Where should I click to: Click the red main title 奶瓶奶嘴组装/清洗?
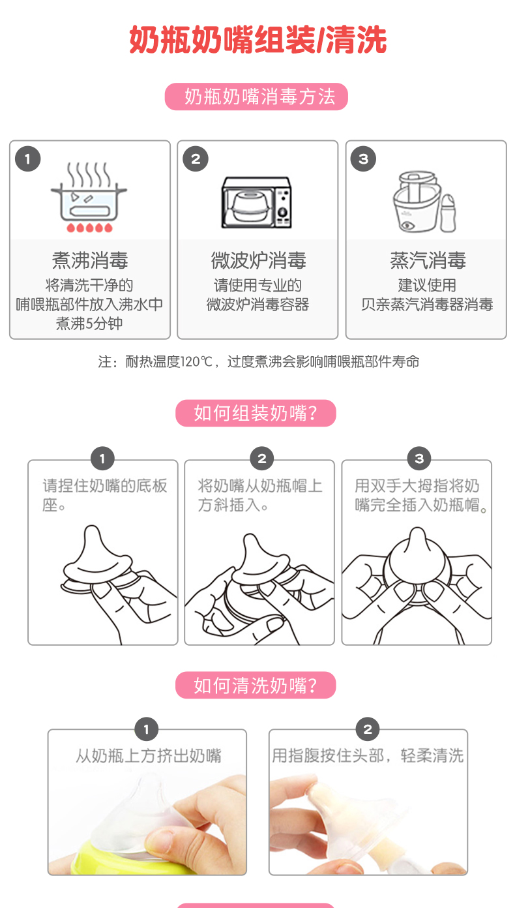pyautogui.click(x=257, y=40)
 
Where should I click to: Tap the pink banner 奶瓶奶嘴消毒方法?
pyautogui.click(x=256, y=97)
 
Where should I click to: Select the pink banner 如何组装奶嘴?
pyautogui.click(x=256, y=413)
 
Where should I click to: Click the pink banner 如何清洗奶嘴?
pyautogui.click(x=256, y=685)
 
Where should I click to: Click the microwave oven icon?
pyautogui.click(x=256, y=202)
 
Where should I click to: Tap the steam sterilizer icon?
pyautogui.click(x=424, y=202)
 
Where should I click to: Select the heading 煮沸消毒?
pyautogui.click(x=90, y=260)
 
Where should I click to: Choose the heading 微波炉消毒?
pyautogui.click(x=258, y=260)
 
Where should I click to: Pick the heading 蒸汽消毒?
pyautogui.click(x=428, y=260)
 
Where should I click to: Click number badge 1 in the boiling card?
pyautogui.click(x=28, y=159)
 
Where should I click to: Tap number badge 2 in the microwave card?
pyautogui.click(x=196, y=159)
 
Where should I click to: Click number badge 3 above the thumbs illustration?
pyautogui.click(x=419, y=459)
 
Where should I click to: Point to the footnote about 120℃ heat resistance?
pyautogui.click(x=259, y=361)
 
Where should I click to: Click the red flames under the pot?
pyautogui.click(x=89, y=228)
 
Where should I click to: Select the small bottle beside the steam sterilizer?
pyautogui.click(x=448, y=213)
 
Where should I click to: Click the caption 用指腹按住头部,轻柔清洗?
pyautogui.click(x=368, y=755)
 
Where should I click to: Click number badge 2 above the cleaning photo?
pyautogui.click(x=368, y=729)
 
